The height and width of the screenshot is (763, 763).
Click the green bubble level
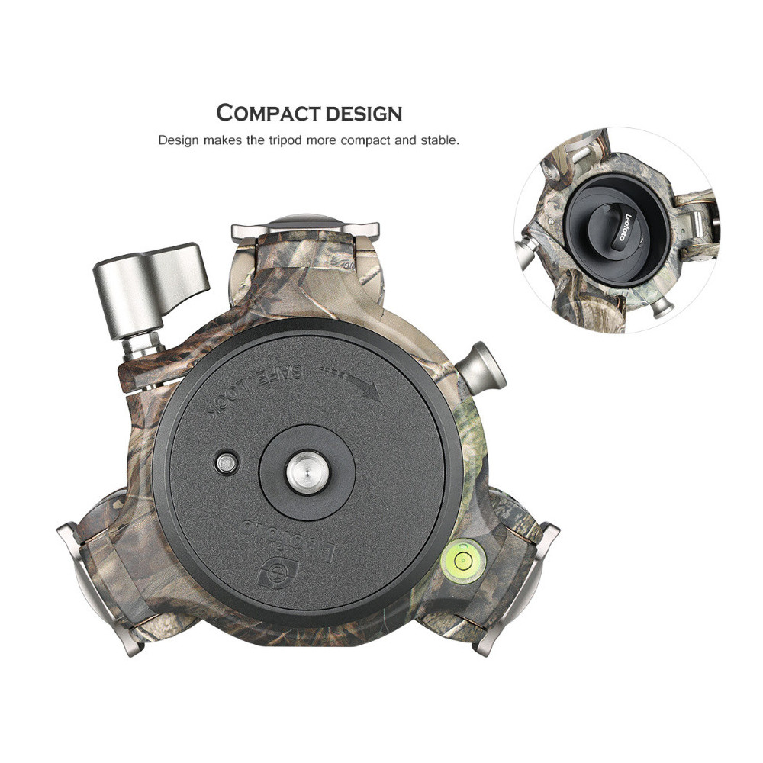tap(463, 561)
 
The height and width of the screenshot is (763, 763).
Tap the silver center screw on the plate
tap(307, 472)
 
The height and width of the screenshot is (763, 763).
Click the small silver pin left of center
tap(227, 463)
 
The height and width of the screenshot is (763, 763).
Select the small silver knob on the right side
tap(480, 368)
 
